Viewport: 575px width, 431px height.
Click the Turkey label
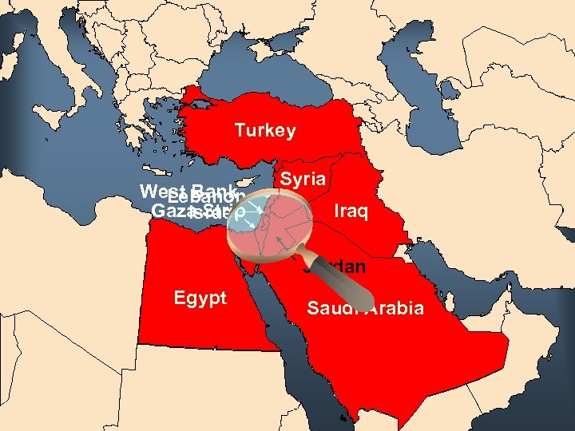[x=264, y=131]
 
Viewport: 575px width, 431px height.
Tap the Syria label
[x=303, y=180]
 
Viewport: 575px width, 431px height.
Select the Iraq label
[x=351, y=212]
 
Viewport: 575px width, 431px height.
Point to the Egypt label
[x=200, y=299]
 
